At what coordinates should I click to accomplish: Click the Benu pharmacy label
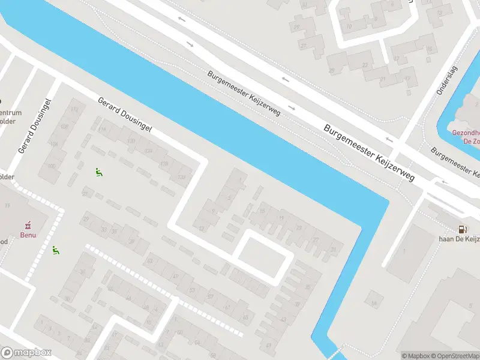[27, 235]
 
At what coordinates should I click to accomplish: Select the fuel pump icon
[461, 229]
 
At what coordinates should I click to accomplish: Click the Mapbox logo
[26, 353]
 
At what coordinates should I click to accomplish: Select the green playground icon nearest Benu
[56, 250]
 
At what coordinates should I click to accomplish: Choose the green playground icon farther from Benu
[98, 172]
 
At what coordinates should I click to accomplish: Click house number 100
[52, 166]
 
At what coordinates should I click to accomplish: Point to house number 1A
[241, 179]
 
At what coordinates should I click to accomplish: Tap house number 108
[64, 127]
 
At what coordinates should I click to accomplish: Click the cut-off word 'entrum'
[11, 113]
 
